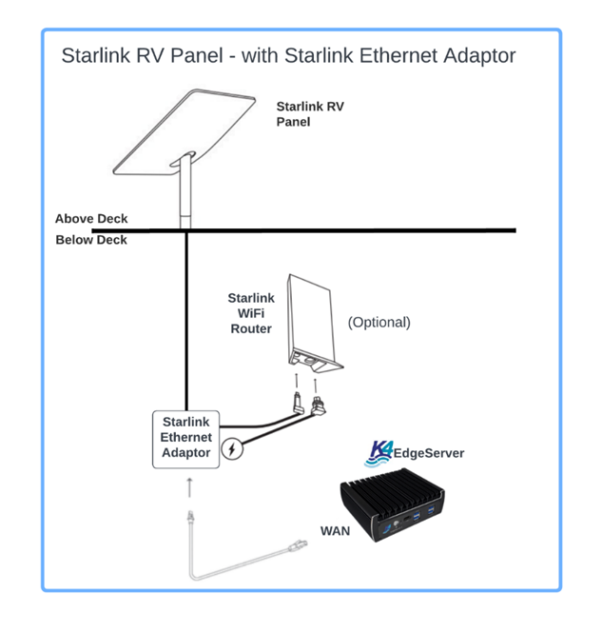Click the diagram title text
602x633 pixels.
288,55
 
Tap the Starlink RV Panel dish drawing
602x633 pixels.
181,134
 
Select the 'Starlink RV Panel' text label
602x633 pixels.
310,114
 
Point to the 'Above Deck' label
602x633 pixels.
91,219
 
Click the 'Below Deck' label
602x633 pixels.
91,240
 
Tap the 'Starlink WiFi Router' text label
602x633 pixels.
250,314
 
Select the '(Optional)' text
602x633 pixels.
379,323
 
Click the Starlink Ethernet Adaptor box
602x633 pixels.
187,438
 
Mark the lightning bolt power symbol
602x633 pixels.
231,448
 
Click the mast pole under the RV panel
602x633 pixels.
185,196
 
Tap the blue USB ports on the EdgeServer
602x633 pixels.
430,515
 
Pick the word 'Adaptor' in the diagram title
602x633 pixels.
479,55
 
